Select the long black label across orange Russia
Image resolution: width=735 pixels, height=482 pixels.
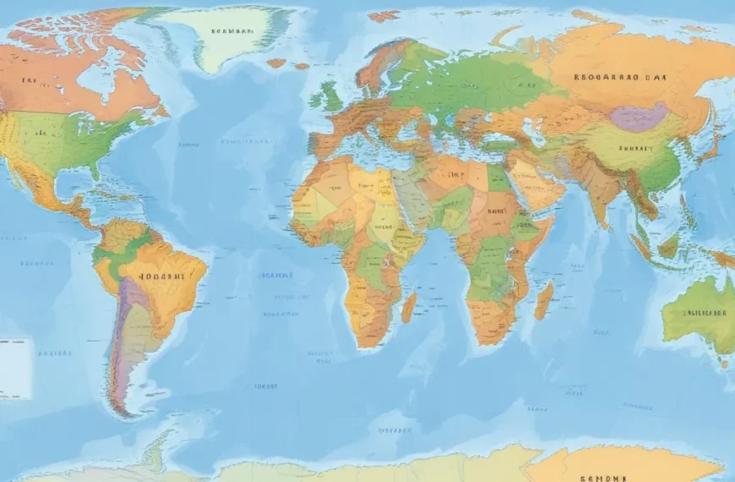click(x=620, y=76)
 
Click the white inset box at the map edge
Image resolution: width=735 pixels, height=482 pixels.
click(x=14, y=368)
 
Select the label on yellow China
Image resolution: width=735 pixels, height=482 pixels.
click(x=634, y=148)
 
